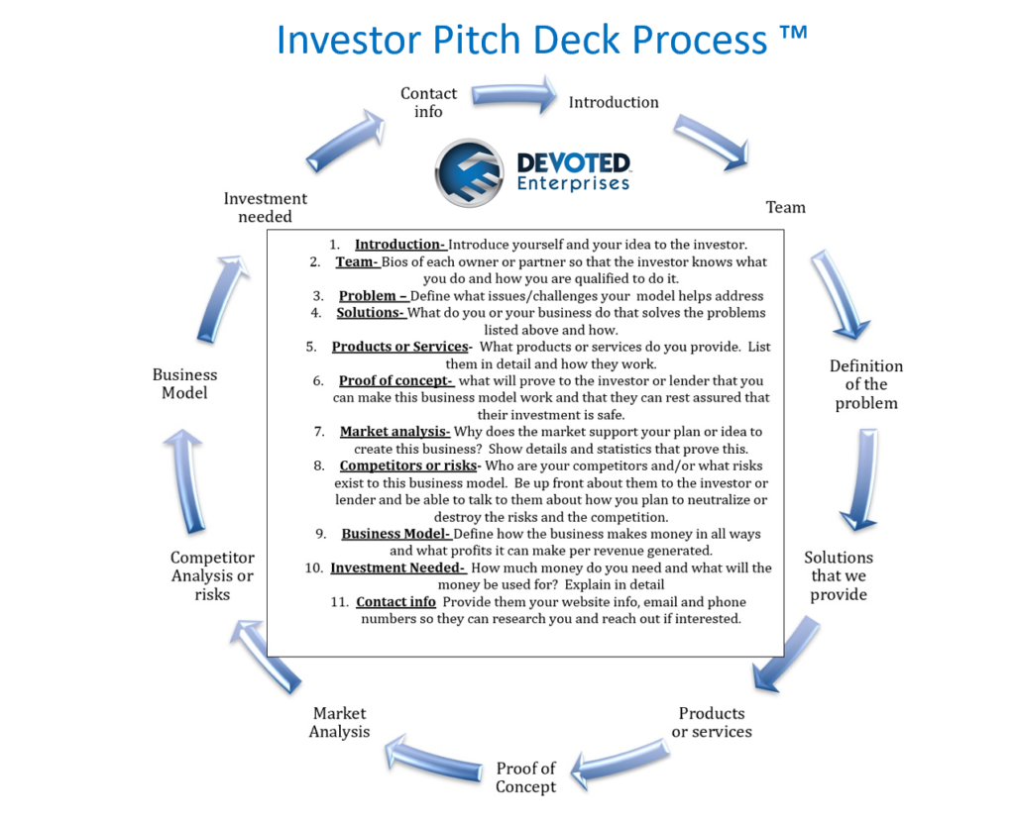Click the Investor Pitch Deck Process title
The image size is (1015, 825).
tap(542, 40)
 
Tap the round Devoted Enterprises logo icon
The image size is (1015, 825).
tap(469, 172)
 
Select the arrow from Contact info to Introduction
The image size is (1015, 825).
tap(514, 95)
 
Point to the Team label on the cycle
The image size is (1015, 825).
tap(786, 208)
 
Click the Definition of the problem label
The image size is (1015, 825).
tap(866, 384)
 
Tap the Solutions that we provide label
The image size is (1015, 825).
tap(839, 575)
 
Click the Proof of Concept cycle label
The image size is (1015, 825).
tap(525, 777)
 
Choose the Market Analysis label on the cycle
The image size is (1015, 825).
tap(339, 722)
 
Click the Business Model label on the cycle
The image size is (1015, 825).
tap(184, 383)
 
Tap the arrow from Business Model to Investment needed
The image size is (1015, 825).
tap(222, 299)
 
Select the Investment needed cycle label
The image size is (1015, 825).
tap(266, 207)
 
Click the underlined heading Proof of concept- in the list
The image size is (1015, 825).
tap(395, 381)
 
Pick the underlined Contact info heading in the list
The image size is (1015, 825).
tap(395, 602)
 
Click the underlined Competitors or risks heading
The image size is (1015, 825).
tap(408, 465)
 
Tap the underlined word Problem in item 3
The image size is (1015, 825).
tap(367, 296)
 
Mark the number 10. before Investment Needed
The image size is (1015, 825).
tap(314, 567)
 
